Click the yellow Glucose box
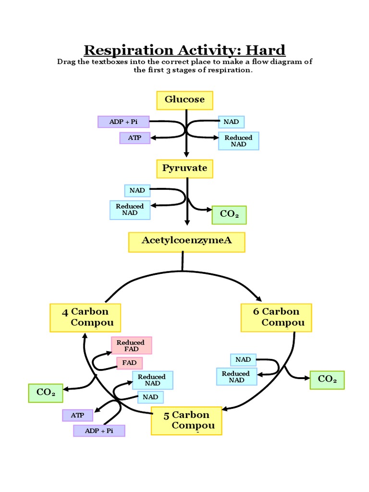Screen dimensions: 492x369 pyautogui.click(x=184, y=100)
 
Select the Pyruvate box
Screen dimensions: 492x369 pyautogui.click(x=184, y=169)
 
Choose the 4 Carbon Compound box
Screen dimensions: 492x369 pyautogui.click(x=86, y=318)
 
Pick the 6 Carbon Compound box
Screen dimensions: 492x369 pyautogui.click(x=276, y=318)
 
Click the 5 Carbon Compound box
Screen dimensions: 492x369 pyautogui.click(x=186, y=421)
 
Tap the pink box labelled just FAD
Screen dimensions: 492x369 pyautogui.click(x=129, y=363)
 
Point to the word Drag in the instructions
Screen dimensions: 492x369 pyautogui.click(x=66, y=62)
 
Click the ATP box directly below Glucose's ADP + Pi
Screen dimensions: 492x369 pyautogui.click(x=135, y=138)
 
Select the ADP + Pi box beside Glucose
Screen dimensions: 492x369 pyautogui.click(x=123, y=122)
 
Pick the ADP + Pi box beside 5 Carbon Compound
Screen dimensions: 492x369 pyautogui.click(x=99, y=430)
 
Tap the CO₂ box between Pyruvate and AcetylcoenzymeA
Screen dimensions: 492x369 pyautogui.click(x=229, y=214)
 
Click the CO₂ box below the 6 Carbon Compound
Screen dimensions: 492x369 pyautogui.click(x=327, y=380)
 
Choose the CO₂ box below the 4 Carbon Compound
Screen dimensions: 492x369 pyautogui.click(x=46, y=393)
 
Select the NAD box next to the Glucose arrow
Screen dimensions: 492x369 pyautogui.click(x=231, y=122)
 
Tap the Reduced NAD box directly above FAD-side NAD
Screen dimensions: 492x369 pyautogui.click(x=152, y=380)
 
